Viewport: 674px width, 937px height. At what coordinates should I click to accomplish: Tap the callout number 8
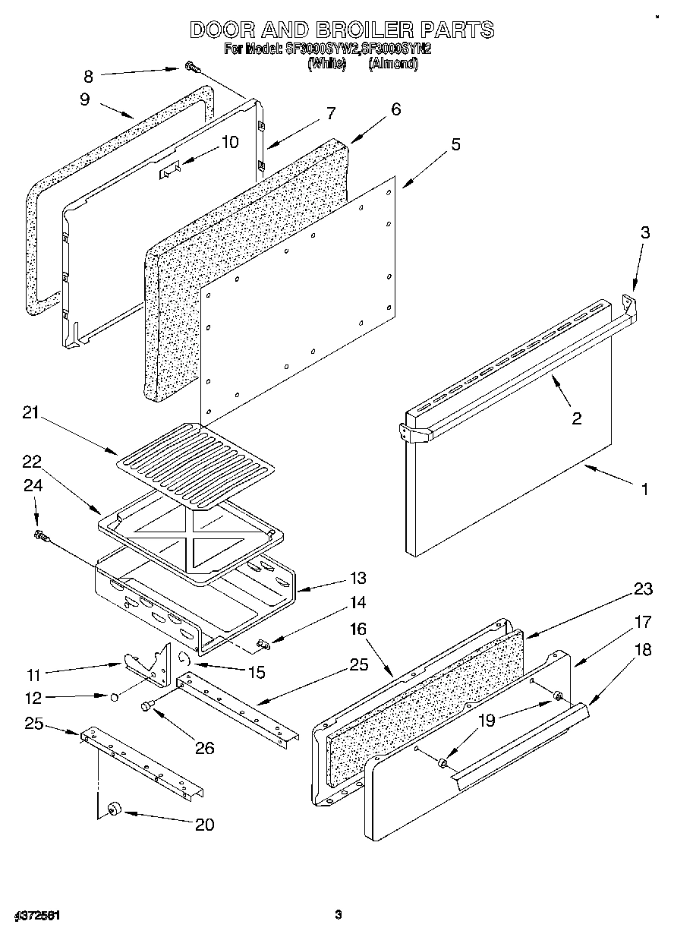pos(88,75)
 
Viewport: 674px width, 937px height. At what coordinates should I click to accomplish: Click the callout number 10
pos(228,141)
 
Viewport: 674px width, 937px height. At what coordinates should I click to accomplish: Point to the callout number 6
pos(395,109)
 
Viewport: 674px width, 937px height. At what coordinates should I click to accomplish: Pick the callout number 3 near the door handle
pos(644,233)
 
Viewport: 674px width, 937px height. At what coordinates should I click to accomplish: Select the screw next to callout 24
pos(41,537)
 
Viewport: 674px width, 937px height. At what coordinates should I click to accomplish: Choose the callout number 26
pos(204,748)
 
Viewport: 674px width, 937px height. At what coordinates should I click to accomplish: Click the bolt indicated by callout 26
pos(147,707)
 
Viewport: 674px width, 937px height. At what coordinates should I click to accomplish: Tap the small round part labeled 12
pos(113,696)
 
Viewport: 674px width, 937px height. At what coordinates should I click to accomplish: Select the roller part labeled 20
pos(116,812)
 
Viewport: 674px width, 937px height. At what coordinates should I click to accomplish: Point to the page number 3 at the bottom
pos(339,914)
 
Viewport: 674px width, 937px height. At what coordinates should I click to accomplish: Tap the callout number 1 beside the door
pos(644,490)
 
